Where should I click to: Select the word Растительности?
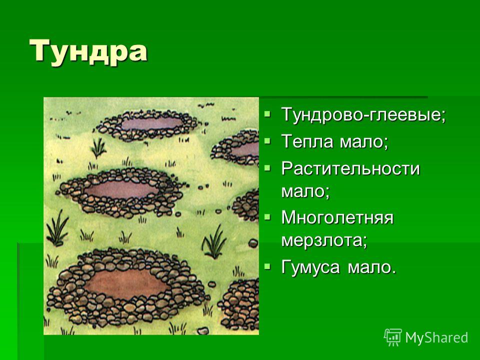[350, 168]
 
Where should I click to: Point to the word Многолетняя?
[337, 217]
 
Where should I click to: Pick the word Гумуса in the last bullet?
[310, 267]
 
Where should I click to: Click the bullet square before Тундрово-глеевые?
[267, 114]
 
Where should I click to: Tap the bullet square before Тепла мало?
[267, 141]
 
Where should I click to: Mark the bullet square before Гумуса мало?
[267, 266]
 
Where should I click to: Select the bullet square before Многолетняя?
[267, 217]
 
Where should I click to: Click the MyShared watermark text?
[436, 337]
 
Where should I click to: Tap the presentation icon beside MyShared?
[393, 337]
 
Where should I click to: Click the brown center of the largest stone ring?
[126, 283]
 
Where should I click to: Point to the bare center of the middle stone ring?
[121, 189]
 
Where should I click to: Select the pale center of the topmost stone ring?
[152, 123]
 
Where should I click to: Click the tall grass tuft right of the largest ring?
[214, 242]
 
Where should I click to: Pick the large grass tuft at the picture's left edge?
[57, 228]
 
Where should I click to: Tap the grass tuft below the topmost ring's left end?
[98, 147]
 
